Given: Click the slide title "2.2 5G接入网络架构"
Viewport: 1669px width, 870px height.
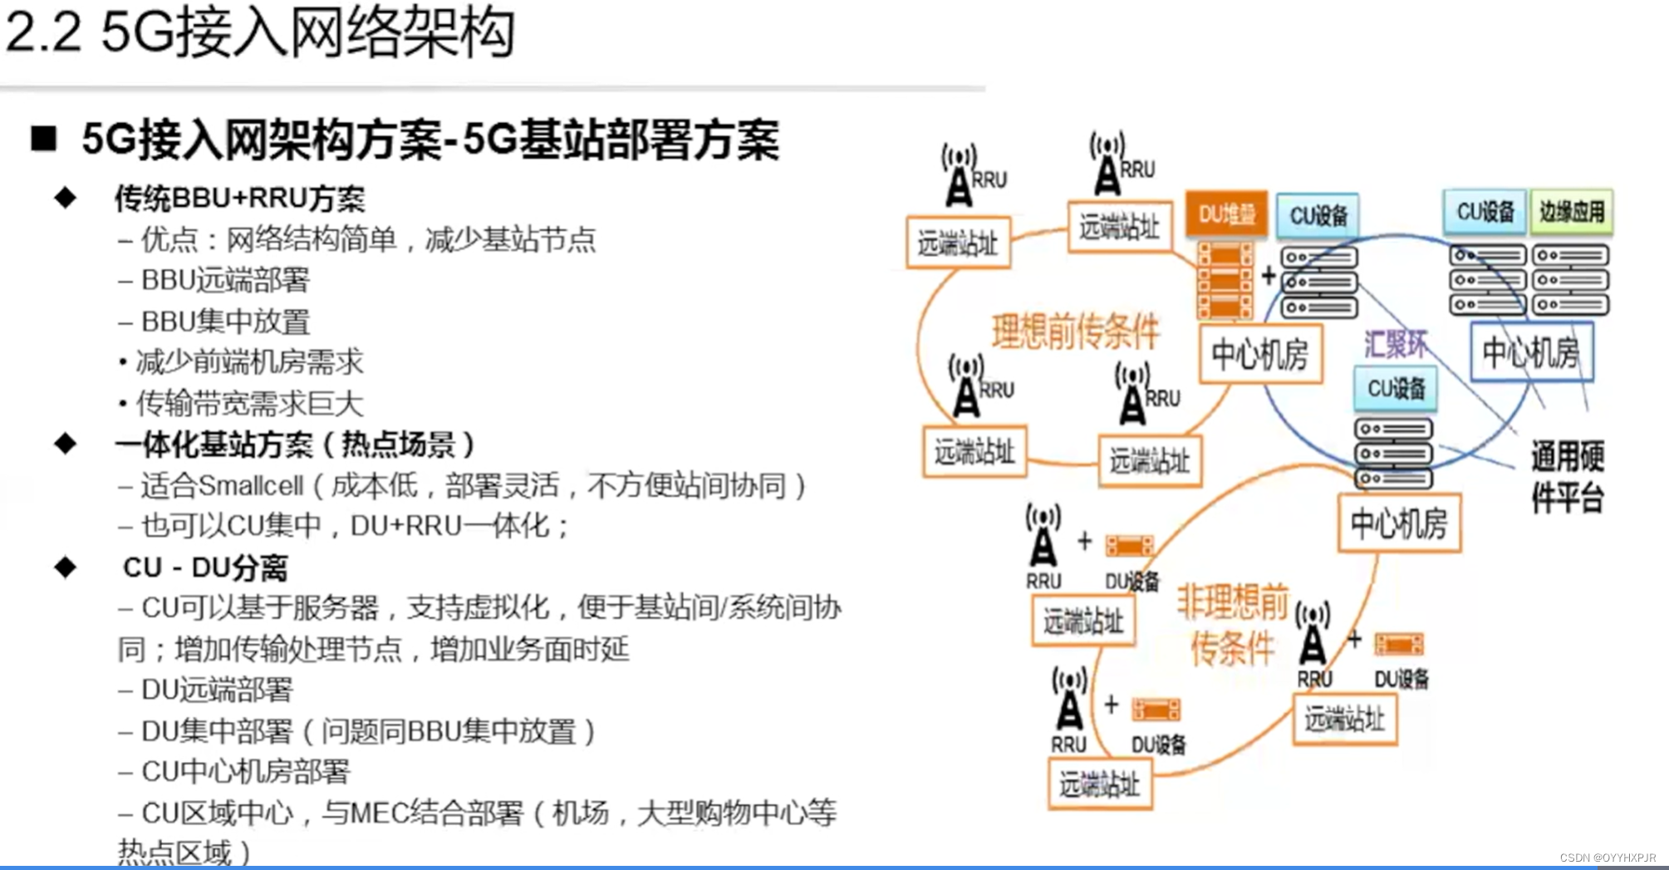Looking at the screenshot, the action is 259,33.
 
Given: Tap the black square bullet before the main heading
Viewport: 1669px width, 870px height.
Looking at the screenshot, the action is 43,138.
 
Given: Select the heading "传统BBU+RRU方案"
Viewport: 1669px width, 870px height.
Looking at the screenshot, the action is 239,199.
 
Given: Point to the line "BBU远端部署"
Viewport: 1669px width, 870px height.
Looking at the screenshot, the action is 224,280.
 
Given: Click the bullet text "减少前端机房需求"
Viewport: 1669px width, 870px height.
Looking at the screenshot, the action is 249,362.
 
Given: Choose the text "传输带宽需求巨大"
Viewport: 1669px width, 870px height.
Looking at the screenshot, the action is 249,404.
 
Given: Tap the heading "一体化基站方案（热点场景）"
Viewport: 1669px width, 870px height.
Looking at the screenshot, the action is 295,445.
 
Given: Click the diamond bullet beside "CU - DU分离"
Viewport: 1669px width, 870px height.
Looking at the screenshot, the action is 65,568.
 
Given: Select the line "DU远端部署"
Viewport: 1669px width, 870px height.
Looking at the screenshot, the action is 216,690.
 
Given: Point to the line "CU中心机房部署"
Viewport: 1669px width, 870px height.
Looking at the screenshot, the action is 245,772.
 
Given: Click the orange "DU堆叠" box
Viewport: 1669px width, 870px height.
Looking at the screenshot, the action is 1226,214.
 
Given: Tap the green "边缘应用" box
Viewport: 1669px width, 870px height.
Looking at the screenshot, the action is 1571,212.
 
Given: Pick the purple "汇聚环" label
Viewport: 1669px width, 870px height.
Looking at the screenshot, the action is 1396,344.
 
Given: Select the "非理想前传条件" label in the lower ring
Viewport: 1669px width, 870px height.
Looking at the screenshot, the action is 1233,624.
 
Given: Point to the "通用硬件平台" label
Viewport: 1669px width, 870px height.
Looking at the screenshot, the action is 1567,477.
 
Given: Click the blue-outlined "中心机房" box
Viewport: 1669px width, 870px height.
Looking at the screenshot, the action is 1531,352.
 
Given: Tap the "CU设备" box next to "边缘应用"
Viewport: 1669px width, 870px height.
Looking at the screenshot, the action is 1485,212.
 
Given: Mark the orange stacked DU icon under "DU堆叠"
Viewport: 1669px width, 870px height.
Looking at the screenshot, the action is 1225,280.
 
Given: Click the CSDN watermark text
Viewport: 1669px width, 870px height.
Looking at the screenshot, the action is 1607,858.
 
